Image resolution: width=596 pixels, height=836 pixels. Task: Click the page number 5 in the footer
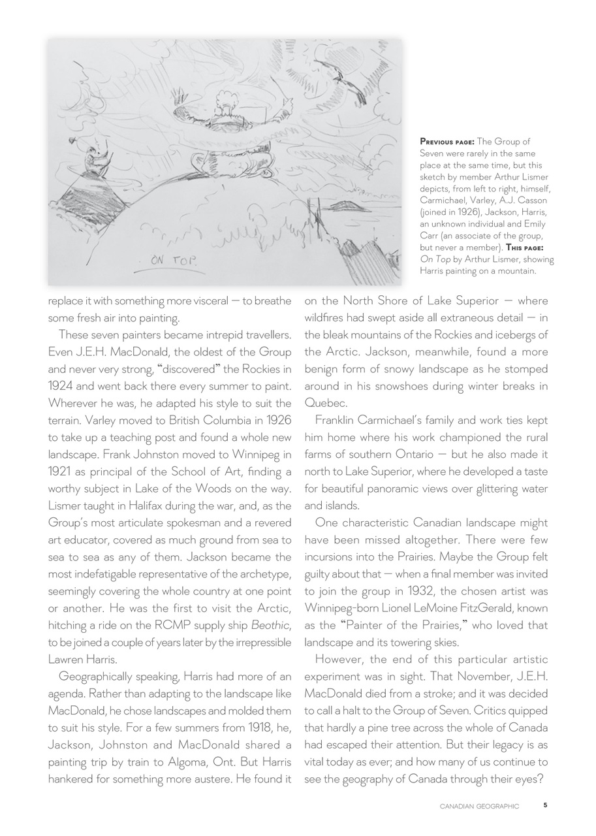pyautogui.click(x=545, y=806)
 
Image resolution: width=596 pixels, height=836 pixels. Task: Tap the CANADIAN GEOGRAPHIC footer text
pyautogui.click(x=479, y=807)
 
